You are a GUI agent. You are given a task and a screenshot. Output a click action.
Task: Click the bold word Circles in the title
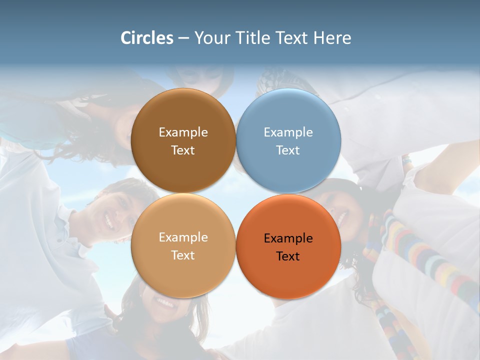click(147, 37)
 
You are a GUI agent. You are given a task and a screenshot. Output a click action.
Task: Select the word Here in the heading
click(332, 37)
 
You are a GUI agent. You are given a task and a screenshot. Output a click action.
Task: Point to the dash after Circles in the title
click(183, 38)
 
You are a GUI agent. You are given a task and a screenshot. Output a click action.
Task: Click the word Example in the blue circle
click(288, 132)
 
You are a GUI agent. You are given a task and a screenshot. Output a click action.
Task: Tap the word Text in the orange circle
click(288, 256)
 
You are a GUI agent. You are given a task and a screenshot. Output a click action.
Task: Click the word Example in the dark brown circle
click(183, 132)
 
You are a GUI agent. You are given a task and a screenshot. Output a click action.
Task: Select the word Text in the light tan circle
click(183, 255)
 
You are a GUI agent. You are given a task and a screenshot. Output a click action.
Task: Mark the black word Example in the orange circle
click(288, 238)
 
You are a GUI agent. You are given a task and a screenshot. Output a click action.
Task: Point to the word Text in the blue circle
click(288, 150)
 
